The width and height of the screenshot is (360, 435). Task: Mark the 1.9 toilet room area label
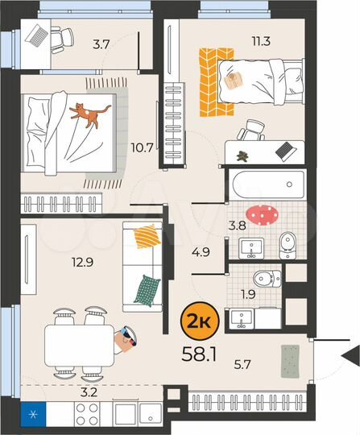pos(249,294)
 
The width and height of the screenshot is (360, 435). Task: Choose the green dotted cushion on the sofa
pos(146,288)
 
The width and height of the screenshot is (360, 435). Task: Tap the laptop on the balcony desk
pos(37,35)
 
